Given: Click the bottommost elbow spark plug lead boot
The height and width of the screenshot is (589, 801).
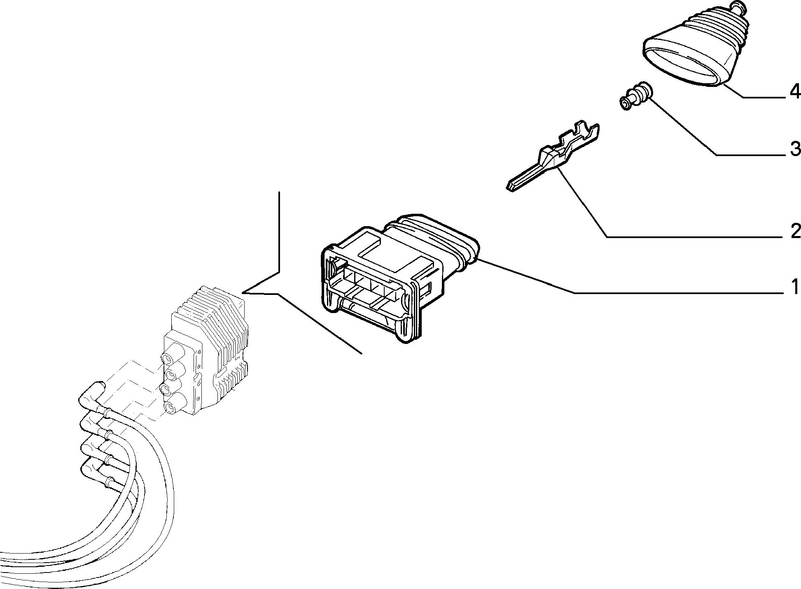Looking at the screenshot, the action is click(93, 468).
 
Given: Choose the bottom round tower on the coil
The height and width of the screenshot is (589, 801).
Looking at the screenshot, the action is click(169, 407).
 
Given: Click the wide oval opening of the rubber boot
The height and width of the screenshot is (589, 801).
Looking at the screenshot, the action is click(684, 66).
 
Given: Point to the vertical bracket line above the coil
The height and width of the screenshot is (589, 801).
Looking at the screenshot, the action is click(280, 231).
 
